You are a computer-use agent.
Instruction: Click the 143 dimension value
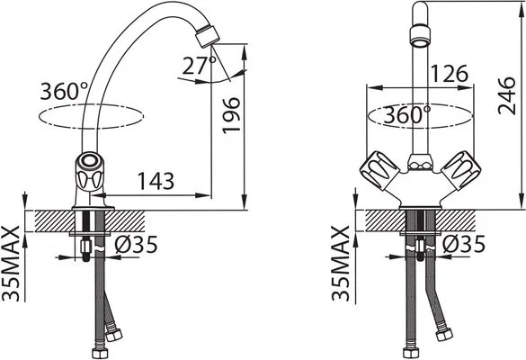point(156,181)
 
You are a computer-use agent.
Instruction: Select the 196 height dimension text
point(231,115)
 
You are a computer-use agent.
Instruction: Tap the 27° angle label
point(200,66)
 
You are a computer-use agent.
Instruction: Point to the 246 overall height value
point(506,95)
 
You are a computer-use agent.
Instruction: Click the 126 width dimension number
point(450,74)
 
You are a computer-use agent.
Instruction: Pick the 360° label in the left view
point(64,91)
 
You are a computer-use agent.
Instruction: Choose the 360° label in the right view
point(407,115)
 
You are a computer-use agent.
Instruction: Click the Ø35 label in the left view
point(136,245)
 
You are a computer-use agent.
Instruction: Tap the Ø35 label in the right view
point(464,244)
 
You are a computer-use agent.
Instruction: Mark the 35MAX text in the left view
point(11,264)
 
